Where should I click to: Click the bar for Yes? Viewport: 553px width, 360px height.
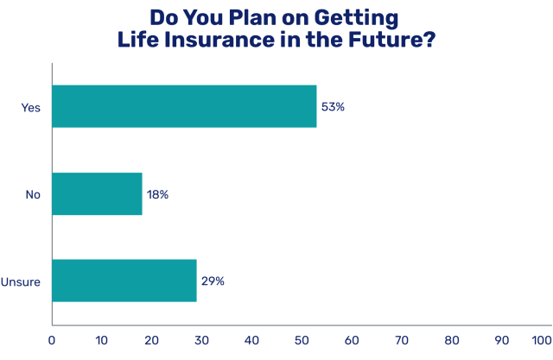[x=184, y=107]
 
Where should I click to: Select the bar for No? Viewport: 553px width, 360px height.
[x=97, y=193]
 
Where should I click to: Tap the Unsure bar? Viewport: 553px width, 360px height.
[x=124, y=281]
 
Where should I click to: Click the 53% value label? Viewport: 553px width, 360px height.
[x=333, y=107]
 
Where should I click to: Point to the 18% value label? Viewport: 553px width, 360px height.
[x=157, y=194]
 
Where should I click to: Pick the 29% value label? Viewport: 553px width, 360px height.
[x=213, y=281]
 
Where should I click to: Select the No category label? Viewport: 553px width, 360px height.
[x=33, y=194]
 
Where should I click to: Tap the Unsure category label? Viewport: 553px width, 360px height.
[x=22, y=281]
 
